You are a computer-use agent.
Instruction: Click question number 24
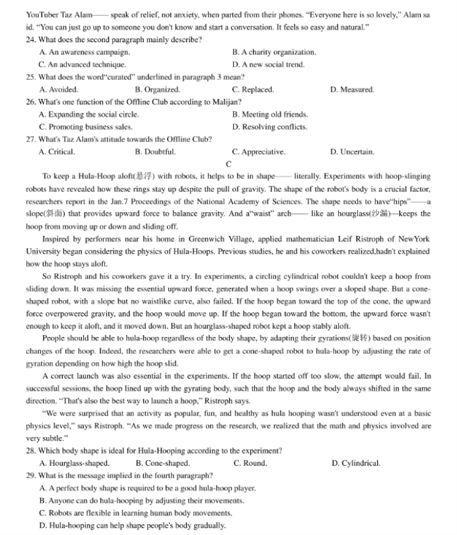click(31, 40)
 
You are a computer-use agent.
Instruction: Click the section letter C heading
click(228, 164)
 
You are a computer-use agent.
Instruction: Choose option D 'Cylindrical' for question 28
click(355, 463)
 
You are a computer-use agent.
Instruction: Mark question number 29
click(31, 476)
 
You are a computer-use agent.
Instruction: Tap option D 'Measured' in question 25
click(351, 89)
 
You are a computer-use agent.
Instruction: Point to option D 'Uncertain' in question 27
click(351, 152)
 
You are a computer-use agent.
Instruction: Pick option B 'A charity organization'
click(274, 52)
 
